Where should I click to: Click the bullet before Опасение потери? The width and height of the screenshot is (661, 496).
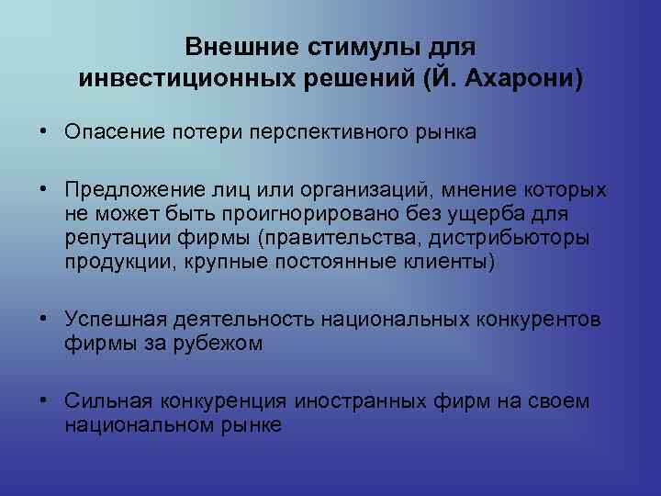tap(44, 132)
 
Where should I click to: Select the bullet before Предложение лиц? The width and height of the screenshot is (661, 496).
tap(44, 190)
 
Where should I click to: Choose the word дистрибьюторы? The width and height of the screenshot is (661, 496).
tap(533, 238)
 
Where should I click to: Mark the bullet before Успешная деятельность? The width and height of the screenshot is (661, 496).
tap(44, 320)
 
